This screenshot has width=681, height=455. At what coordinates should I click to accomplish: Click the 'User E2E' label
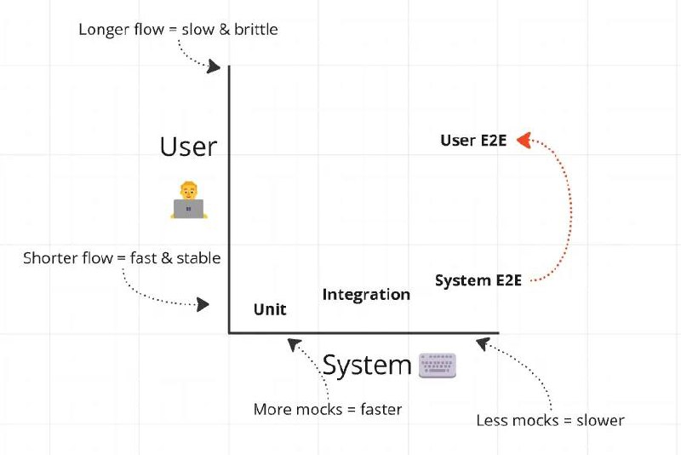(473, 141)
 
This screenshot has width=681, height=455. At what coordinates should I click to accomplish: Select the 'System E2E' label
(478, 280)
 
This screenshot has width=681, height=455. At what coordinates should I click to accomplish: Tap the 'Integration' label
(366, 295)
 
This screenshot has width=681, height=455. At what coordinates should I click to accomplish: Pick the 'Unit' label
(270, 309)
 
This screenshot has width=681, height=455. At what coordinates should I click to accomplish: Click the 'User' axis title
(188, 147)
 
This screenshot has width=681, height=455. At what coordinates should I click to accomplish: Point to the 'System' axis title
(367, 365)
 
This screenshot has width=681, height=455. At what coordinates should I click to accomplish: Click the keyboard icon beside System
(438, 365)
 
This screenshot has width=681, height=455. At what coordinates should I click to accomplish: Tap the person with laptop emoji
(189, 200)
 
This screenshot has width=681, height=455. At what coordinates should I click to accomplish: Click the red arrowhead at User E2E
(524, 140)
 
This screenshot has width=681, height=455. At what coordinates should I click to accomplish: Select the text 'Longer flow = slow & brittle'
(178, 30)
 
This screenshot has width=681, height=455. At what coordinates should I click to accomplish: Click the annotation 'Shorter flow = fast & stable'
(122, 258)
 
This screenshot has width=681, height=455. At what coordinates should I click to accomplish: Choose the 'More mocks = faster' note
(328, 409)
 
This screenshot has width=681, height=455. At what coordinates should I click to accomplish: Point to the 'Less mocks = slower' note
(550, 421)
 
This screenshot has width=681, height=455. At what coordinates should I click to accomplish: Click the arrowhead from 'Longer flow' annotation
(215, 66)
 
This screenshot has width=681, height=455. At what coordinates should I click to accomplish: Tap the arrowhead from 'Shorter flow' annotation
(203, 304)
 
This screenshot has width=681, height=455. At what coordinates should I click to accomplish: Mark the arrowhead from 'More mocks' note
(294, 344)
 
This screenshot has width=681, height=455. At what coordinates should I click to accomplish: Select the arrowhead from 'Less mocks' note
(483, 343)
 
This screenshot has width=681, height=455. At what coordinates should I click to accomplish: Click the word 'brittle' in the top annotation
(256, 30)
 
